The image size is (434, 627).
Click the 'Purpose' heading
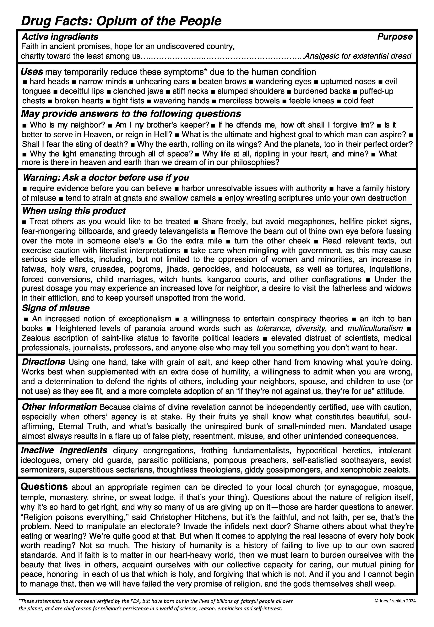pos(395,37)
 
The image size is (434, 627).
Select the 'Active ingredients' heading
pos(60,37)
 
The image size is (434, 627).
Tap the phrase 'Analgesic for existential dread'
pos(358,56)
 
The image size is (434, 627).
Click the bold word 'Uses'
pos(32,72)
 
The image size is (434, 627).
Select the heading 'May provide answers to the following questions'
pos(131,113)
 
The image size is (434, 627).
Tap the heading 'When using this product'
pos(74,211)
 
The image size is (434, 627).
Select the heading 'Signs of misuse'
pos(56,308)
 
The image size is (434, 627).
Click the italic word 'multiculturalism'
pos(375,329)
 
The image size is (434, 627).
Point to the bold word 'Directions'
pos(44,362)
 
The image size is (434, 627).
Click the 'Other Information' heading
pos(59,407)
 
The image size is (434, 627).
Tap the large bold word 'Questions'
pos(44,486)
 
